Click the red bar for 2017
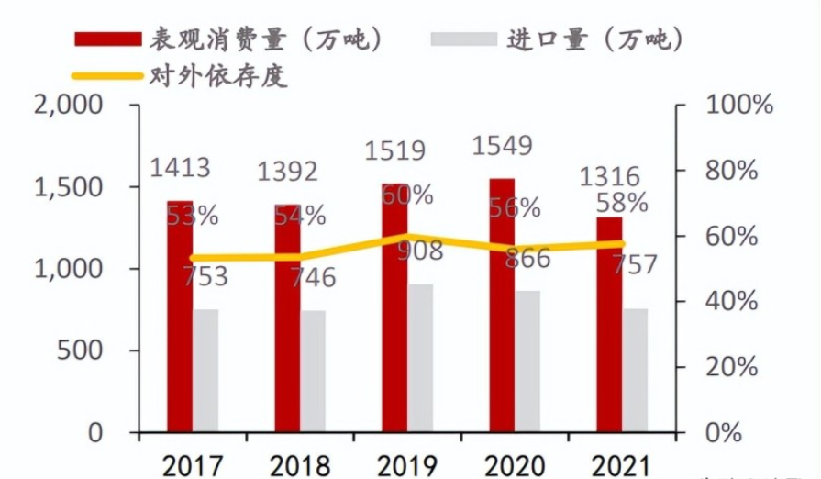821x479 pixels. click(x=180, y=317)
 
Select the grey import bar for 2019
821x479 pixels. click(x=420, y=358)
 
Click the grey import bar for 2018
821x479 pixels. click(x=313, y=371)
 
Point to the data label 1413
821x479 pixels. click(x=181, y=168)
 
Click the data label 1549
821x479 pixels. click(x=502, y=145)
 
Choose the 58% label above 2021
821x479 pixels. click(x=621, y=203)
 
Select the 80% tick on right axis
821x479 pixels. click(x=734, y=171)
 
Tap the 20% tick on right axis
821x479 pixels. click(x=734, y=367)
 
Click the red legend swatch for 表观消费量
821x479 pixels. click(x=106, y=39)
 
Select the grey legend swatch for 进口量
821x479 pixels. click(x=463, y=39)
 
